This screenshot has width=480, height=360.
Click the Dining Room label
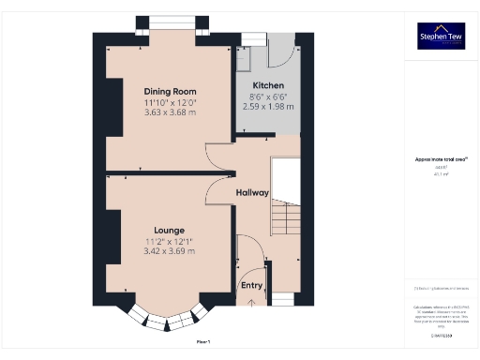(x=170, y=91)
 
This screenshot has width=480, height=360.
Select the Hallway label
(x=252, y=192)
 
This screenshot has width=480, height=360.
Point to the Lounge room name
(x=170, y=230)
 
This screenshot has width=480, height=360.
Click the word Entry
(x=252, y=285)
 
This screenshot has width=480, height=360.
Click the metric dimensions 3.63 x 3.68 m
(x=170, y=112)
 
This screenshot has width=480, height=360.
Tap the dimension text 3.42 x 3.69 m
(x=170, y=251)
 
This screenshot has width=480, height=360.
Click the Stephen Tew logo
(x=441, y=37)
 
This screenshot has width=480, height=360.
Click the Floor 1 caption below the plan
(x=202, y=341)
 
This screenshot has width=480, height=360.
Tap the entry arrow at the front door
(x=252, y=303)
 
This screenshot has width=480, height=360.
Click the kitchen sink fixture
(x=243, y=58)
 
